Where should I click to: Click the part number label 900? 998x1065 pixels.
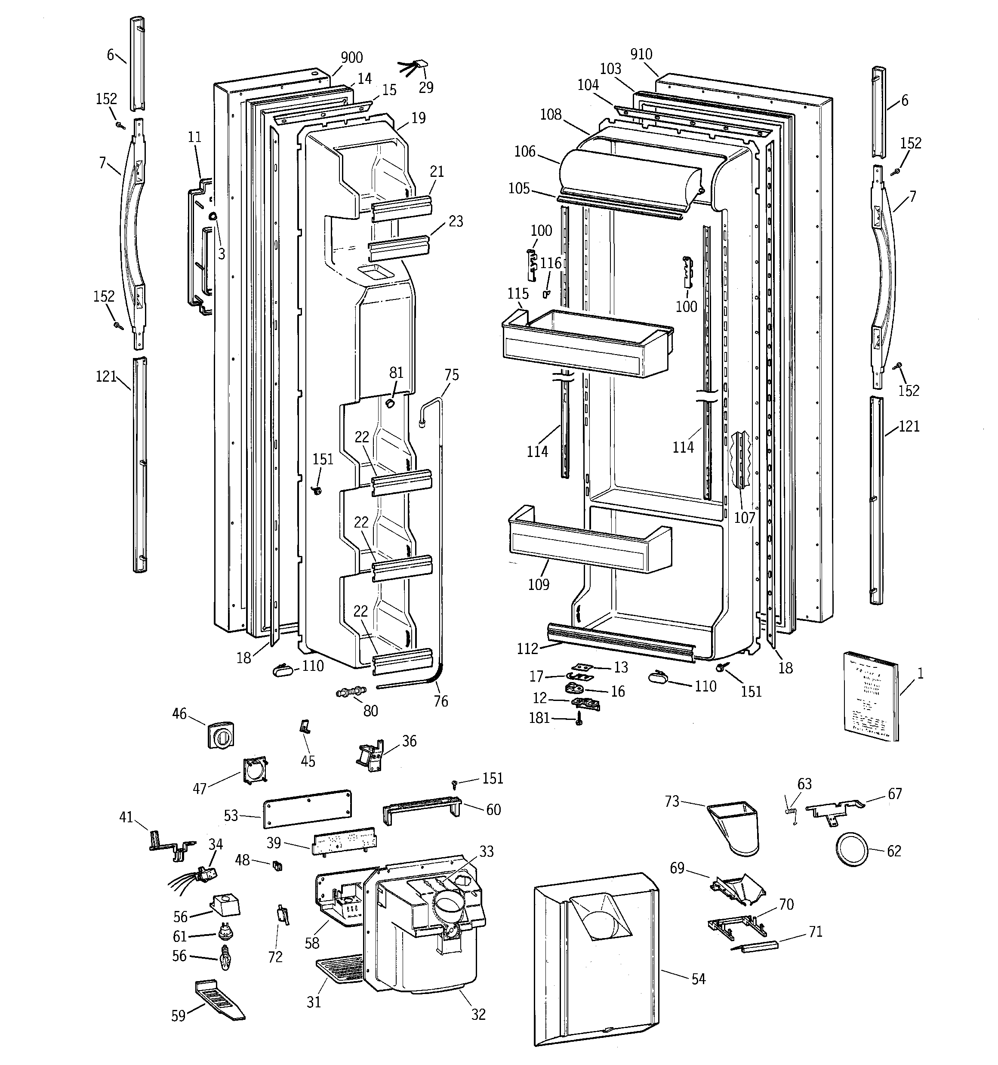[x=351, y=57]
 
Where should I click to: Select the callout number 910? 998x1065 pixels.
[x=641, y=54]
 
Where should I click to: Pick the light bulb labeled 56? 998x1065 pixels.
[x=225, y=958]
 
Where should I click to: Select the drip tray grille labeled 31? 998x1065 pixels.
[x=341, y=969]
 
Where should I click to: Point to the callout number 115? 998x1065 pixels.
[x=517, y=293]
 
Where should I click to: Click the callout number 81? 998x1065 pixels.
[x=396, y=372]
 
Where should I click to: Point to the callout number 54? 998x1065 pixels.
[x=698, y=979]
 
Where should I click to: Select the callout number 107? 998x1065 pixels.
[x=744, y=518]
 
